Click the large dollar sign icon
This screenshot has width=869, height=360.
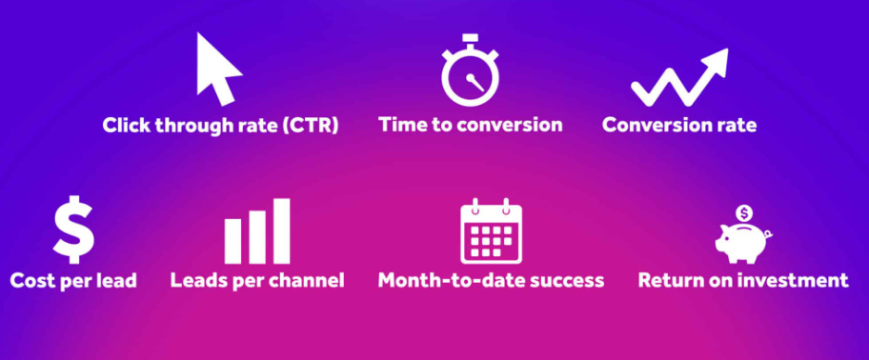pos(73,230)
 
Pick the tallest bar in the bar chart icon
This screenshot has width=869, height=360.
pos(281,231)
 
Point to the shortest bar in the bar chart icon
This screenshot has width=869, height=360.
pos(232,242)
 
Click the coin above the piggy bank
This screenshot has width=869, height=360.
pos(744,213)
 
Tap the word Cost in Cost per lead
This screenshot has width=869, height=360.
pos(32,280)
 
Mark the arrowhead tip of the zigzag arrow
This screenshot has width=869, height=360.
pos(727,50)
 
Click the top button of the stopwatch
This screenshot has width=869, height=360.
pos(470,38)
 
